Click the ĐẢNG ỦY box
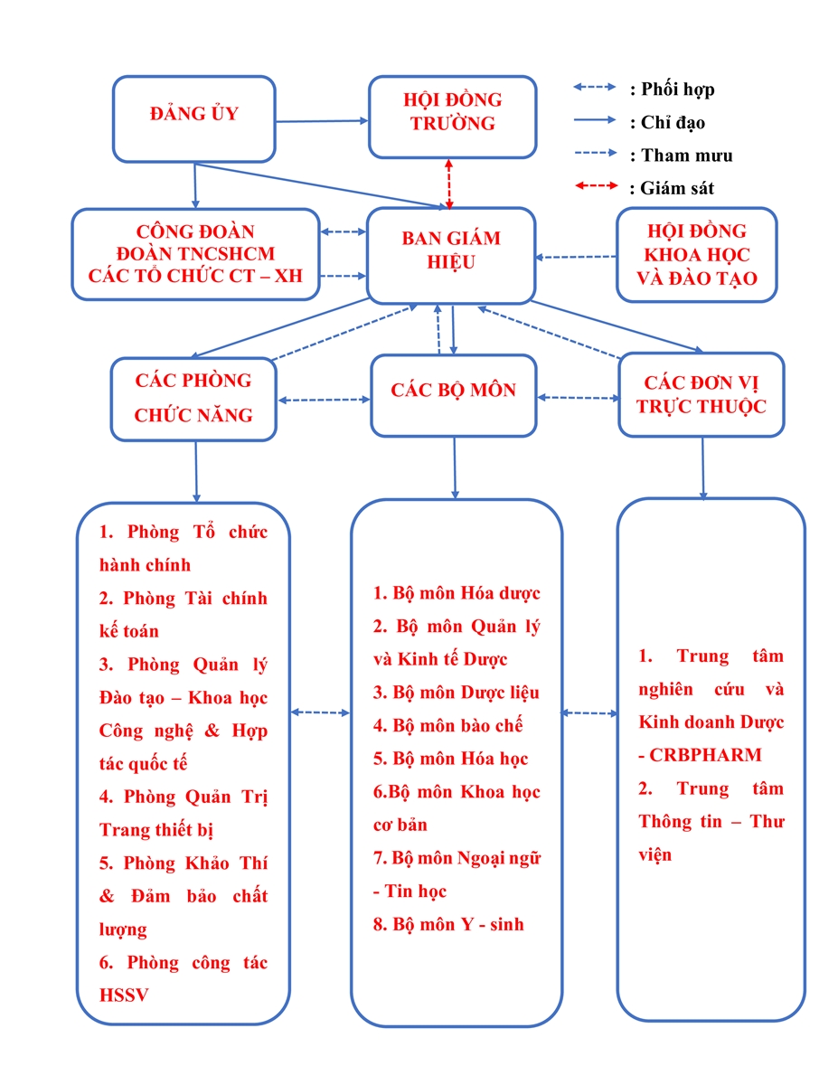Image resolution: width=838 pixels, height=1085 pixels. [193, 118]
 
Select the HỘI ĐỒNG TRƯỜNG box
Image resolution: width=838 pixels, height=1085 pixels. [452, 117]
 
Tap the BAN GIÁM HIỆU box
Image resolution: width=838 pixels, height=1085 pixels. [451, 256]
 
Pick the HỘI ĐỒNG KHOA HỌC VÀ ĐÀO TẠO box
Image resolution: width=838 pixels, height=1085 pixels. [696, 255]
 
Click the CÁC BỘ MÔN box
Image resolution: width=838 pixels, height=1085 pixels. [453, 395]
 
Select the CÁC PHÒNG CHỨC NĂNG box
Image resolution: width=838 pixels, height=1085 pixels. [193, 399]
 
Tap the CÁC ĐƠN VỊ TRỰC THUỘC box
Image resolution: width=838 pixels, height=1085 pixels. [701, 394]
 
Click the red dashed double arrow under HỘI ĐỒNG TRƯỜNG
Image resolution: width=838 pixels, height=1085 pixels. [448, 184]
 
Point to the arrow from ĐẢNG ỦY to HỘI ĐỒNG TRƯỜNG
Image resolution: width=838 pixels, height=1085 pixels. [322, 121]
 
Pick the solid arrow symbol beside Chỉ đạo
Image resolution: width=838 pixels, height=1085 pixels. [595, 120]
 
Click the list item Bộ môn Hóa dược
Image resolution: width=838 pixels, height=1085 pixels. [457, 593]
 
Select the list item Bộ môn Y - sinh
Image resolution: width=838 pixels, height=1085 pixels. [448, 924]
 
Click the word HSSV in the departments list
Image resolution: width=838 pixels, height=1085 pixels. [124, 995]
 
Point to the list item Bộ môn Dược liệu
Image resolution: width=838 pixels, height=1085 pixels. [457, 693]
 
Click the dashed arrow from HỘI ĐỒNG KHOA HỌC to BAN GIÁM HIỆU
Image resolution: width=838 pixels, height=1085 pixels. [576, 257]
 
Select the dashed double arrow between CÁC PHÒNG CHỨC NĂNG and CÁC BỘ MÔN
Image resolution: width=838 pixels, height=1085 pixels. [324, 400]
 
